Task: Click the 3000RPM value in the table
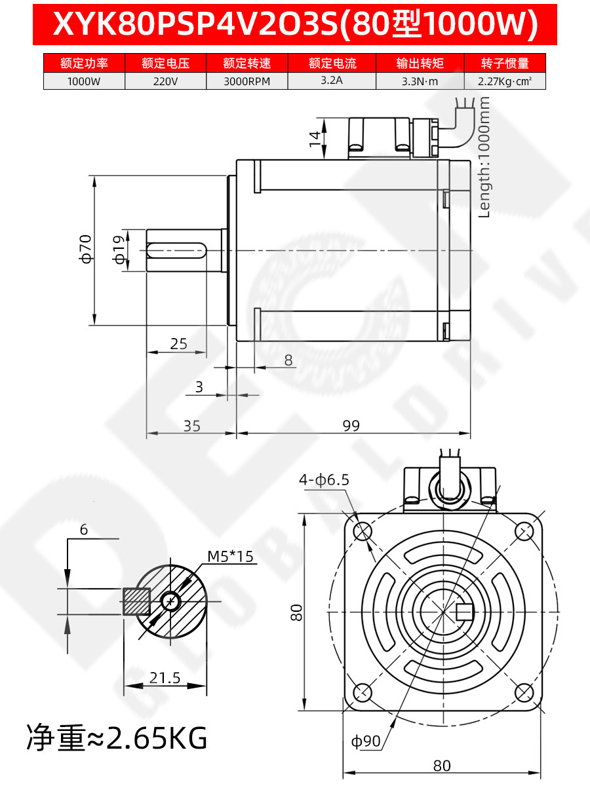tap(247, 82)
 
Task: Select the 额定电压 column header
tap(165, 63)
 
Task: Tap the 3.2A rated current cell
tap(332, 80)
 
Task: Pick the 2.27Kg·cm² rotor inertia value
tap(505, 82)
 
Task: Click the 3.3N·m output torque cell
tap(420, 82)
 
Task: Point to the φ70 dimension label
tap(87, 249)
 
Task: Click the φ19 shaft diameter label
tap(119, 250)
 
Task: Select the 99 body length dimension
tap(351, 425)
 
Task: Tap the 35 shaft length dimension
tap(192, 426)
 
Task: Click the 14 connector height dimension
tap(315, 139)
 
